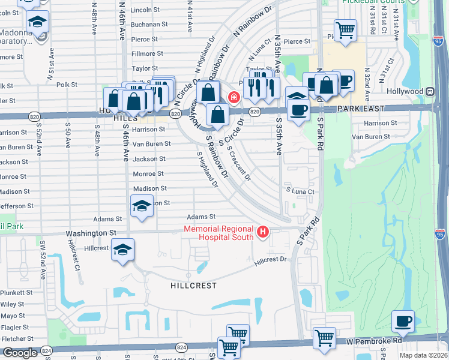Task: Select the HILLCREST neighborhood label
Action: tap(194, 286)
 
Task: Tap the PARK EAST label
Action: tap(360, 109)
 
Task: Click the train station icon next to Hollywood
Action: tap(430, 91)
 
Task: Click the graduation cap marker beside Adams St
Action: tap(141, 206)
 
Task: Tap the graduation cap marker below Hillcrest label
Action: tap(122, 249)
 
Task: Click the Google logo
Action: tap(20, 353)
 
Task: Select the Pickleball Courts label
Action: tap(373, 2)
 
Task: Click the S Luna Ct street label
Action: tap(300, 191)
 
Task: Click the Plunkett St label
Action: tap(16, 292)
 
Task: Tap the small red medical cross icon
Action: tap(234, 97)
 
